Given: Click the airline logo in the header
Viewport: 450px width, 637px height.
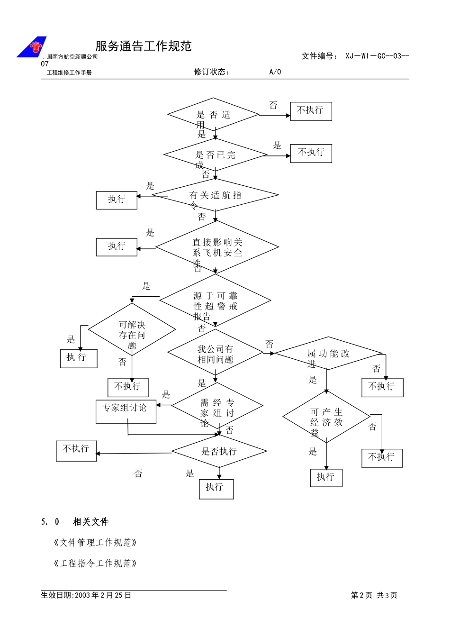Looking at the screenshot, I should tap(32, 46).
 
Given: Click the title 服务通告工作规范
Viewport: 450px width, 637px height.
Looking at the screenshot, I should tap(144, 46).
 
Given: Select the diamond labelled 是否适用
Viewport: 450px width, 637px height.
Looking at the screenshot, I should tap(213, 114).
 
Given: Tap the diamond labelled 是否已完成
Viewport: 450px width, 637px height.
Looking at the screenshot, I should tap(216, 155).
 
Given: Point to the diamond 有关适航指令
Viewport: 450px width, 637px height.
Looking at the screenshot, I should tap(216, 195).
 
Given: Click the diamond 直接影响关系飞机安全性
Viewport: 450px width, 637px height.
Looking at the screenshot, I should tap(217, 247).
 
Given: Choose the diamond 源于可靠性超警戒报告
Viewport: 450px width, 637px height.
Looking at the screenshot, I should tap(216, 300).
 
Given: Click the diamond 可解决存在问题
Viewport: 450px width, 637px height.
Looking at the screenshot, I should tap(132, 330).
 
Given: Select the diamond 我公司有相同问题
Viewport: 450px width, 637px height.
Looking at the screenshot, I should tap(215, 354).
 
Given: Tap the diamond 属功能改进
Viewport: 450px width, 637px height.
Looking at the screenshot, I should tap(328, 354).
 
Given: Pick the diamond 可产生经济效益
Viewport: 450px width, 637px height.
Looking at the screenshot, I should tap(326, 417).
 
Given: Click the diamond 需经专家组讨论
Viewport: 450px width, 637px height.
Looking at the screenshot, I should tap(217, 407).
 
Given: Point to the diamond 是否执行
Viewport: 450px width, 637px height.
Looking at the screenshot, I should tap(219, 451).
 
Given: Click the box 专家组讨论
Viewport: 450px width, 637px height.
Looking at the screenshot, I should tap(126, 411).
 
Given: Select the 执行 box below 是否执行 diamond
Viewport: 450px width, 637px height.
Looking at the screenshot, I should tap(216, 489).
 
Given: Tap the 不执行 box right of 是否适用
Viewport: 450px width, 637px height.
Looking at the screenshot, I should tap(311, 111).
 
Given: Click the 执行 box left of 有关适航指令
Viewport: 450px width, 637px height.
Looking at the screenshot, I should tap(117, 200).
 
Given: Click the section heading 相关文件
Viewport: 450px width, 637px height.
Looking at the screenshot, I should tap(90, 522).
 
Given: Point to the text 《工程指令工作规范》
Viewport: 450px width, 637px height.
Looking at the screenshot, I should tap(96, 563).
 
